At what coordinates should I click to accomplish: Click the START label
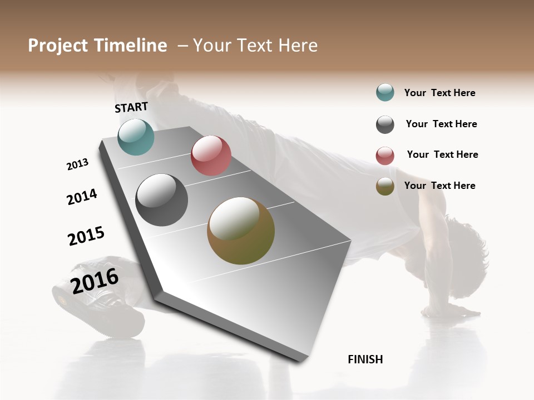pyautogui.click(x=131, y=107)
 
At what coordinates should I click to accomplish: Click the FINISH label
pyautogui.click(x=365, y=359)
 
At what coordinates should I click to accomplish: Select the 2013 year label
pyautogui.click(x=77, y=164)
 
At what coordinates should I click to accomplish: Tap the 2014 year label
pyautogui.click(x=82, y=197)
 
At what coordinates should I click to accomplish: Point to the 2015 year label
pyautogui.click(x=86, y=236)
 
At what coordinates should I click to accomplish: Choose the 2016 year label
pyautogui.click(x=95, y=281)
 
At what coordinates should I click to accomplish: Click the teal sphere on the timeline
pyautogui.click(x=136, y=137)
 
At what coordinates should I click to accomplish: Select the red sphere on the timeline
pyautogui.click(x=211, y=156)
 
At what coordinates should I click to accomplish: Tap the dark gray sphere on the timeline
pyautogui.click(x=161, y=200)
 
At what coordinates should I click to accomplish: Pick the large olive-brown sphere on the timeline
pyautogui.click(x=241, y=231)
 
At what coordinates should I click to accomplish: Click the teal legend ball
pyautogui.click(x=385, y=92)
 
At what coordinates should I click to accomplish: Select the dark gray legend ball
pyautogui.click(x=385, y=124)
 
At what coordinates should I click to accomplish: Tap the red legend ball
pyautogui.click(x=385, y=156)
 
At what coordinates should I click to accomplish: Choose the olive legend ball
pyautogui.click(x=385, y=186)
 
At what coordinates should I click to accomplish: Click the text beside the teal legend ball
pyautogui.click(x=439, y=93)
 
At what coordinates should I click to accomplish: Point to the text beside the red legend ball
pyautogui.click(x=442, y=154)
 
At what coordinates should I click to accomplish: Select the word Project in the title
pyautogui.click(x=58, y=46)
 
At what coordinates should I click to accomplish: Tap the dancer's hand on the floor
pyautogui.click(x=452, y=311)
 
